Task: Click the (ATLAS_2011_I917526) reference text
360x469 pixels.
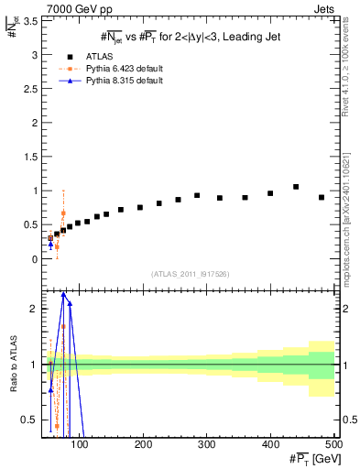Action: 190,275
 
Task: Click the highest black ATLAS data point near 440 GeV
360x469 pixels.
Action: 296,187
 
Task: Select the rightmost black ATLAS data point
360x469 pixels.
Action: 322,197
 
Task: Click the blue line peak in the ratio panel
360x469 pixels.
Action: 63,293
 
